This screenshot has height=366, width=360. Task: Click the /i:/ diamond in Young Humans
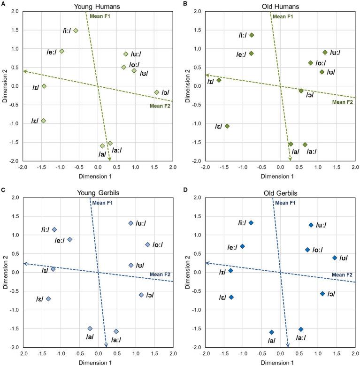[x=76, y=30]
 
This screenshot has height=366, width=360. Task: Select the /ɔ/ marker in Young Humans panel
[x=157, y=92]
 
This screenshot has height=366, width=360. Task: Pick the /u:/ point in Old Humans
[x=325, y=53]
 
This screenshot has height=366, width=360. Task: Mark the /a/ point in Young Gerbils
[x=90, y=328]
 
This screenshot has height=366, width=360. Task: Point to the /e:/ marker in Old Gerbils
[x=243, y=246]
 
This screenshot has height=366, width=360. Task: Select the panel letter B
[x=186, y=4]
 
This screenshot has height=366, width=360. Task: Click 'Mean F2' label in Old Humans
[x=342, y=102]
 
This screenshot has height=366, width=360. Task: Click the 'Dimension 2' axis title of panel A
[x=5, y=86]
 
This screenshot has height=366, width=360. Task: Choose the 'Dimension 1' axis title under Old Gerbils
[x=280, y=362]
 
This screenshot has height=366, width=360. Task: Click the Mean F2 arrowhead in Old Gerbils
[x=207, y=263]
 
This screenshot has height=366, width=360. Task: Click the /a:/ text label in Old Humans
[x=310, y=152]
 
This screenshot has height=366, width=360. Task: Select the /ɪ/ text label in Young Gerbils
[x=45, y=271]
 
